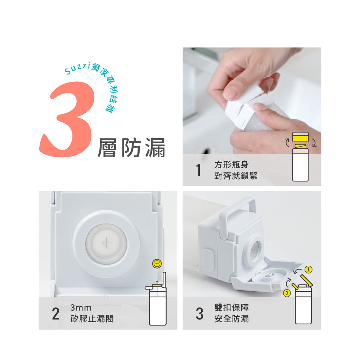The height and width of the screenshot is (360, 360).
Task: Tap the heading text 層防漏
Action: coord(131,148)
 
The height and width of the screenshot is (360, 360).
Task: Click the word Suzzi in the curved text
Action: coord(77,68)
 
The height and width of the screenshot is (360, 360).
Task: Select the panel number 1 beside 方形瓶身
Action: coord(199,170)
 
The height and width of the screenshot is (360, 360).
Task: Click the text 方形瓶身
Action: coord(231,165)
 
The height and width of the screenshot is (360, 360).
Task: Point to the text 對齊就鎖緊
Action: coord(236,176)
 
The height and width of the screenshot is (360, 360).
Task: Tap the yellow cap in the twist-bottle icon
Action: coord(300,137)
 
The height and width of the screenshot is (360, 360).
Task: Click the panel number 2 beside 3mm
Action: coord(56,314)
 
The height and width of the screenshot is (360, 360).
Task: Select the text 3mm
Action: coord(81,307)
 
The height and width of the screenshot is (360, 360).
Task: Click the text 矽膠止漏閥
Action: coord(92,319)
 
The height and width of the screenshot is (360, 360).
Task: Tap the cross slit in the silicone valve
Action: coord(106,243)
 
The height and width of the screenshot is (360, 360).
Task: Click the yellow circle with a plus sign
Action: coord(157,264)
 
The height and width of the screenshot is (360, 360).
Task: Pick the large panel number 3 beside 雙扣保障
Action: coord(199,314)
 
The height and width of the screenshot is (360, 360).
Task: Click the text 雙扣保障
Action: coord(231,307)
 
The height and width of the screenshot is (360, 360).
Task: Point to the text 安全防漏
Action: coord(231,319)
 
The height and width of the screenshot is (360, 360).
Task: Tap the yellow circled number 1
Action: coord(309,269)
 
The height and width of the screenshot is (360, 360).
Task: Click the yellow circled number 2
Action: coord(287,293)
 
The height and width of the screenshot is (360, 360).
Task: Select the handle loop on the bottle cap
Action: coord(237,208)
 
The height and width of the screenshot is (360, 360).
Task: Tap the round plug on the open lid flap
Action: coord(269,276)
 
